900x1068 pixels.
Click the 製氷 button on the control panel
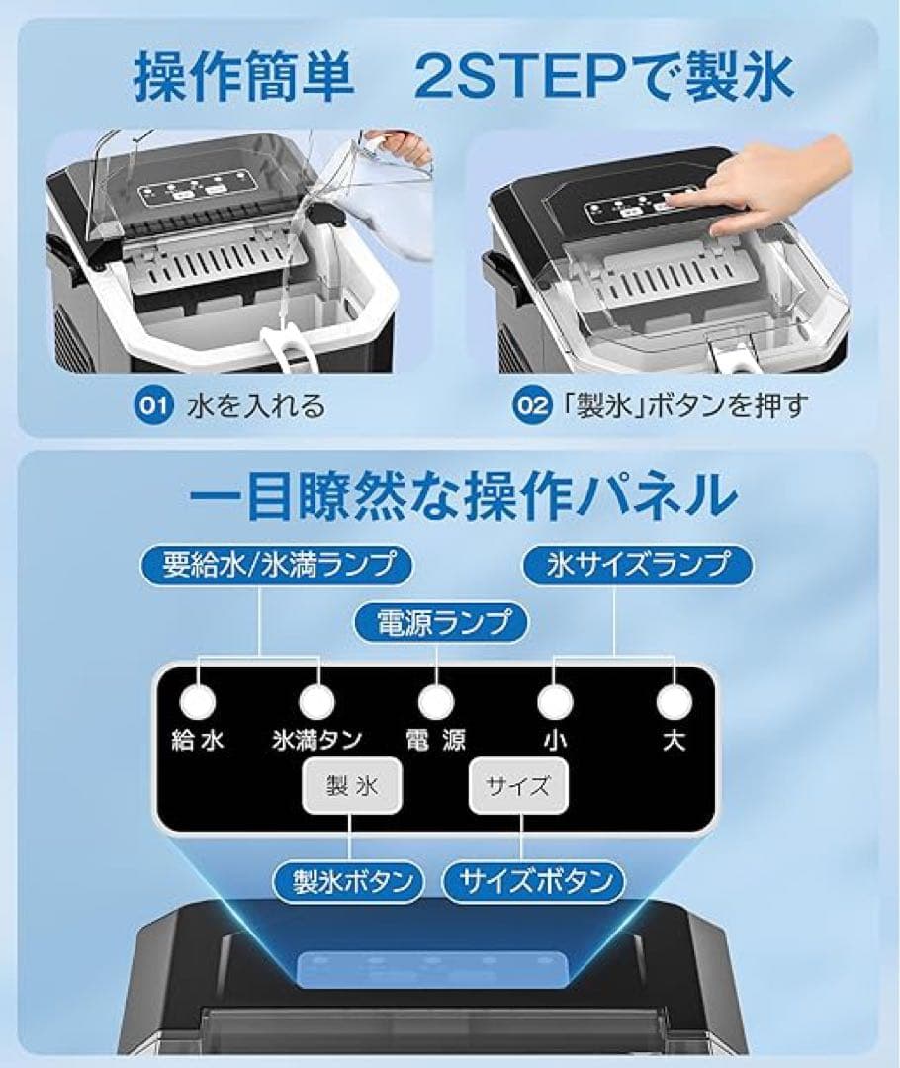351,786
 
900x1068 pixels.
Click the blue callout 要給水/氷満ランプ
274,565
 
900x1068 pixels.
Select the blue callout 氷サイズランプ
637,565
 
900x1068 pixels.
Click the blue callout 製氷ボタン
344,880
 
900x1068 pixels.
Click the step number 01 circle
149,404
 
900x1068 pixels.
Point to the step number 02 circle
531,404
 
